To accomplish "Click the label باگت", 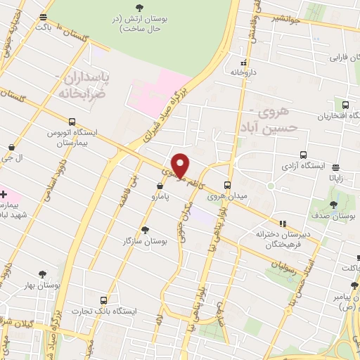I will (x=44, y=26).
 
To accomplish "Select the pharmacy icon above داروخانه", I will (x=243, y=62).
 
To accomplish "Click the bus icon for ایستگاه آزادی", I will (x=303, y=155).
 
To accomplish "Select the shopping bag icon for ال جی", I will (x=12, y=148).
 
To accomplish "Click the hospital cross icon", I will (x=4, y=193).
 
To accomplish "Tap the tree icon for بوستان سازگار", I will (x=146, y=230).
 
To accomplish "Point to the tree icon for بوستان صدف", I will (x=333, y=205).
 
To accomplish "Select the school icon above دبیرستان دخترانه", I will (x=283, y=224).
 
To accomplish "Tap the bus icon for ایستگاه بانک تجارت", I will (x=104, y=299).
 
